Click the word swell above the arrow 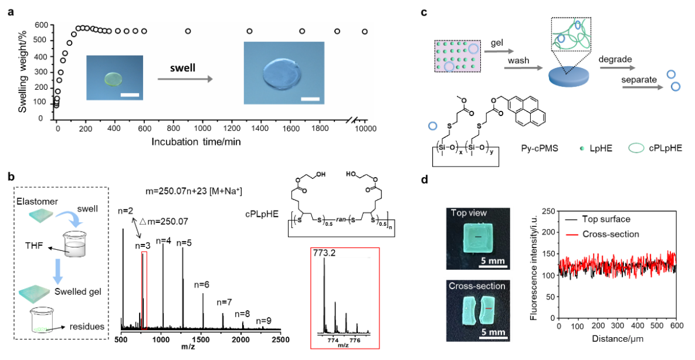[182, 68]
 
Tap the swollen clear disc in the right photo [284, 74]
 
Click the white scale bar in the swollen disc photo [310, 99]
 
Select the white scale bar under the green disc [130, 93]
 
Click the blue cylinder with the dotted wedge [569, 76]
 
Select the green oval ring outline [636, 148]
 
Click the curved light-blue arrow [70, 219]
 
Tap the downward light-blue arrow [57, 272]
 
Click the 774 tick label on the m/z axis [333, 340]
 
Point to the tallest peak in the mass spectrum [324, 261]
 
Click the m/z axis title [343, 345]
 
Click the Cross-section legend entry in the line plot [611, 234]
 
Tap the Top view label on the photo [469, 213]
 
